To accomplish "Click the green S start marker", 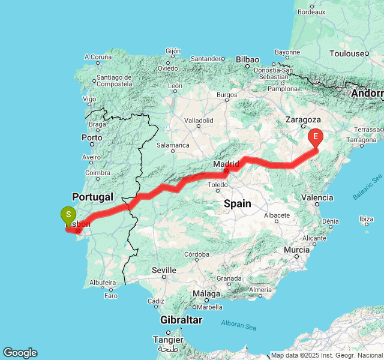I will [68, 214].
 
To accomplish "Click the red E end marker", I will [316, 137].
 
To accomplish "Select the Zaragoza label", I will [304, 119].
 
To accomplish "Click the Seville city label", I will [164, 270].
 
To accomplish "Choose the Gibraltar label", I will [181, 320].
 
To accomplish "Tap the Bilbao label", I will [247, 59].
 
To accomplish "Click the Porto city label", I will [92, 137].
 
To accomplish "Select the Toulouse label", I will [347, 53].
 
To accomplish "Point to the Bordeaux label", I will [311, 11].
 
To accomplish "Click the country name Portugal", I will [92, 196].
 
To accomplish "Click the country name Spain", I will [238, 203].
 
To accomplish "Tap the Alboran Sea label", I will [238, 325].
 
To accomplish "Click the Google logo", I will [20, 353].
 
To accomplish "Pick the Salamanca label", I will [173, 145].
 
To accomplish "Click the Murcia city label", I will [296, 249].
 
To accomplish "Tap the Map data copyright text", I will [326, 355].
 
